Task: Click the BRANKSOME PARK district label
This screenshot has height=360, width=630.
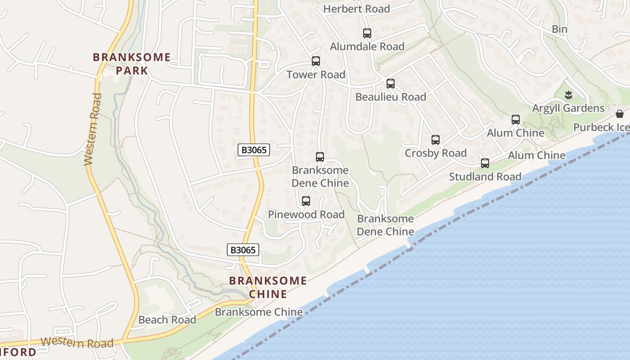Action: [132, 63]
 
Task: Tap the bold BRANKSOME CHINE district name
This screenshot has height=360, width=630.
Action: [268, 287]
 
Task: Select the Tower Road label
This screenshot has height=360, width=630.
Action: [316, 75]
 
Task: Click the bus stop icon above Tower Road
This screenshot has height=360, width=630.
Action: [316, 61]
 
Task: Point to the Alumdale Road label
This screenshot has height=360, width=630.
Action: [367, 46]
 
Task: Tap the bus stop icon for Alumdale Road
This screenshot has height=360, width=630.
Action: [367, 33]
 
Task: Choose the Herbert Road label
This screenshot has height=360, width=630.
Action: [356, 9]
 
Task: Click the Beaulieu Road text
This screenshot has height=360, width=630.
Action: [391, 97]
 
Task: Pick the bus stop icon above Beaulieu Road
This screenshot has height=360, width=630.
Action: [391, 83]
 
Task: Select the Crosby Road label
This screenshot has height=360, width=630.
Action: [436, 153]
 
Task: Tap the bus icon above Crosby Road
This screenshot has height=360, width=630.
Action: [436, 140]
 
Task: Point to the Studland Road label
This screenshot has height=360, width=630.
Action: [485, 176]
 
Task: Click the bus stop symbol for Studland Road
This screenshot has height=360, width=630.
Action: [485, 163]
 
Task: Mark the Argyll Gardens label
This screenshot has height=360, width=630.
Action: [568, 108]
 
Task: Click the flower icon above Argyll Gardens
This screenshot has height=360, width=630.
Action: [569, 94]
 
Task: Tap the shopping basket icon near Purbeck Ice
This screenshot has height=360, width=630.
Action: [620, 113]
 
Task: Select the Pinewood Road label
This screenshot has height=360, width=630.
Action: [306, 214]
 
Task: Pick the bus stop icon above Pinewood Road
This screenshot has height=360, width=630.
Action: [306, 201]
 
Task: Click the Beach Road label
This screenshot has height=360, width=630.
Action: [167, 320]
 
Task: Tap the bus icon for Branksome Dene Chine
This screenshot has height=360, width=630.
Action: [320, 157]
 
